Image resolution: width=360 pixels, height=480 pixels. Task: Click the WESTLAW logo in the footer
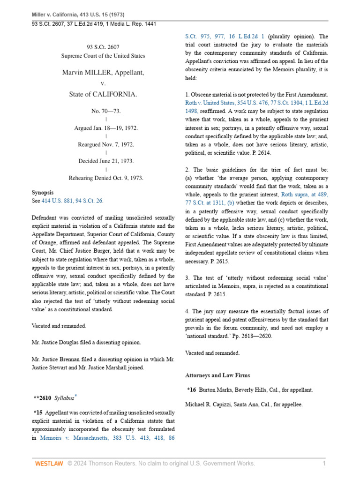49,464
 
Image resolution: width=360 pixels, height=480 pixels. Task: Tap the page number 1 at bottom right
323,464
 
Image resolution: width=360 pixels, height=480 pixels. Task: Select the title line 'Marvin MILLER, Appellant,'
103,73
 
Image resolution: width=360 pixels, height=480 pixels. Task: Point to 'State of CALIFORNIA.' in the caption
103,95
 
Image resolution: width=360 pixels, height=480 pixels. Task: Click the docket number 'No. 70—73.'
103,111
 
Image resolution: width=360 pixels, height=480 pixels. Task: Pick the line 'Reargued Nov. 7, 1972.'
103,144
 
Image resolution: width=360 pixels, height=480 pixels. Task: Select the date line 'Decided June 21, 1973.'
103,161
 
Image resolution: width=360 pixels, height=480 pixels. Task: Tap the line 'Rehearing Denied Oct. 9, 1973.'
103,178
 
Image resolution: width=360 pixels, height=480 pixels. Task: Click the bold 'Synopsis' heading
43,193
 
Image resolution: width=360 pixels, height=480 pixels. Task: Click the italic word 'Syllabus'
63,398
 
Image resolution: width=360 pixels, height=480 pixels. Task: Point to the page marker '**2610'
42,398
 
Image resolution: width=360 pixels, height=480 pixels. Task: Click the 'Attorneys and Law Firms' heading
218,375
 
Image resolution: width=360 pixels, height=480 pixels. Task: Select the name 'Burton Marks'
216,390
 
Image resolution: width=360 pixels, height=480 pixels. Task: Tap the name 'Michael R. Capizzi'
211,404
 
